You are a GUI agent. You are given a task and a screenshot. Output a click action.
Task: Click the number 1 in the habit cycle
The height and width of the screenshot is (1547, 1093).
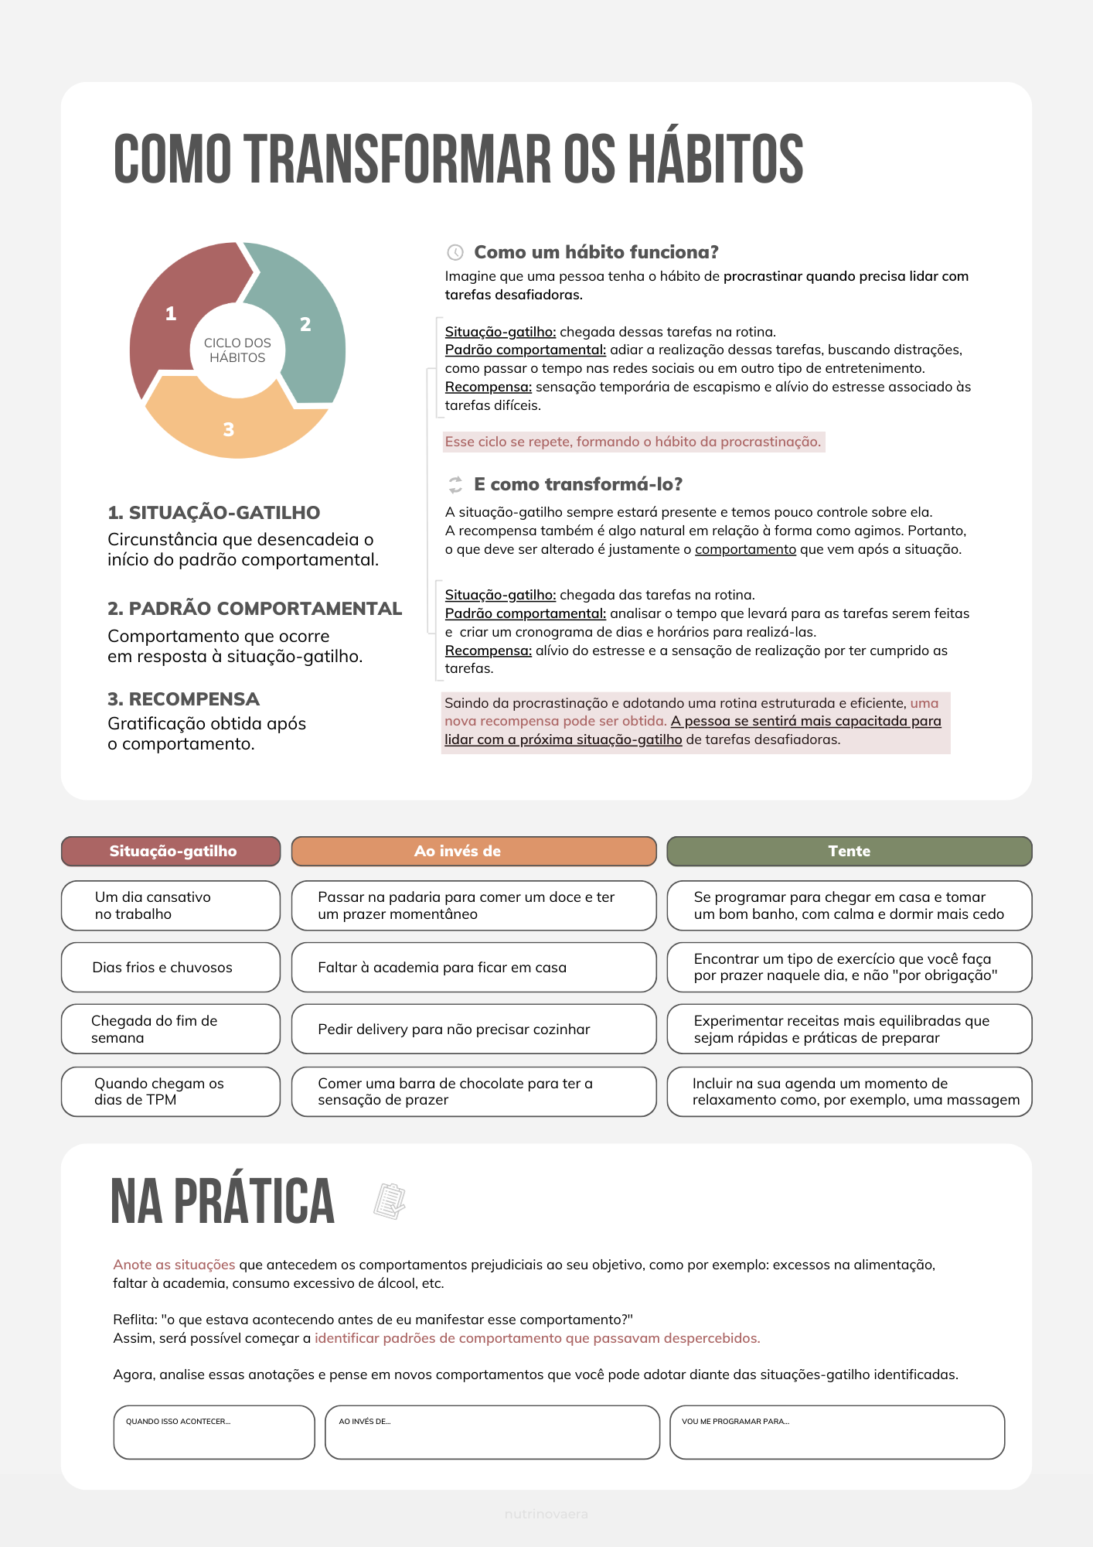[171, 313]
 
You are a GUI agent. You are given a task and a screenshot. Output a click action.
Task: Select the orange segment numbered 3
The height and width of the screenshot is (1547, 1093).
[229, 429]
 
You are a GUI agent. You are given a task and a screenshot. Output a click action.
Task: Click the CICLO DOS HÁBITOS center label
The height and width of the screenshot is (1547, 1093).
[237, 350]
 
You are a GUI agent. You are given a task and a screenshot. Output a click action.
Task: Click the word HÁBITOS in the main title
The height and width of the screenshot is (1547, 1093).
[715, 159]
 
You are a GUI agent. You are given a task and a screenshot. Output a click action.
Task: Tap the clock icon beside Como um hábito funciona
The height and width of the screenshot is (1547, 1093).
[455, 252]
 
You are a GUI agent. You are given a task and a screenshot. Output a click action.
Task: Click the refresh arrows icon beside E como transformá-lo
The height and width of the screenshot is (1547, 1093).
[455, 485]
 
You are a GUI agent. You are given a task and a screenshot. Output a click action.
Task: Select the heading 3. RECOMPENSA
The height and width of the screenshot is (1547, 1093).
[183, 699]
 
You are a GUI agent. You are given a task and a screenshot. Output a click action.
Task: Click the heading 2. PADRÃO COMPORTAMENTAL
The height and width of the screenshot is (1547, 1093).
[254, 609]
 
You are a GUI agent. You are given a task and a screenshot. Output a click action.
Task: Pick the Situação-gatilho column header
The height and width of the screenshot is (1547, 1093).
[171, 851]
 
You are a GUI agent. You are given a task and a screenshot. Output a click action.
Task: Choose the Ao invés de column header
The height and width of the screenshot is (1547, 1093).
[473, 851]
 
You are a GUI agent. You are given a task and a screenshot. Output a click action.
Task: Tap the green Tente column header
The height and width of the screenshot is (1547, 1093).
[849, 851]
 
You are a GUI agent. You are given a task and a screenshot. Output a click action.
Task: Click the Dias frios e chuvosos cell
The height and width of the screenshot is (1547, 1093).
[171, 967]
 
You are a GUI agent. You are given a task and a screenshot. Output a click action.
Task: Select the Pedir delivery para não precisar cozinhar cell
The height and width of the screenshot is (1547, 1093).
[473, 1029]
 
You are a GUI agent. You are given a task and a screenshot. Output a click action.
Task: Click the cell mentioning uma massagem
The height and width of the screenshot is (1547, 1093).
[849, 1091]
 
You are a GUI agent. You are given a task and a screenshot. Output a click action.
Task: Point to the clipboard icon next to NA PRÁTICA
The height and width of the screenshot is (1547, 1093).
[390, 1201]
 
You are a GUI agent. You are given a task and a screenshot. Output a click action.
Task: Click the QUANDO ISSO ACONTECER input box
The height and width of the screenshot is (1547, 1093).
[214, 1433]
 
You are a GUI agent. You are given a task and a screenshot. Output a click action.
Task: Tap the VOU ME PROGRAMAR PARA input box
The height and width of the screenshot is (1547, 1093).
[836, 1433]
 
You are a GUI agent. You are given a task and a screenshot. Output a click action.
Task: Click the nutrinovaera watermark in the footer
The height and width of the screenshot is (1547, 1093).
[546, 1514]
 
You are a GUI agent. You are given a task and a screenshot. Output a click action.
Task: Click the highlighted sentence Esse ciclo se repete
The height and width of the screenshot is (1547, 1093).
[633, 442]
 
